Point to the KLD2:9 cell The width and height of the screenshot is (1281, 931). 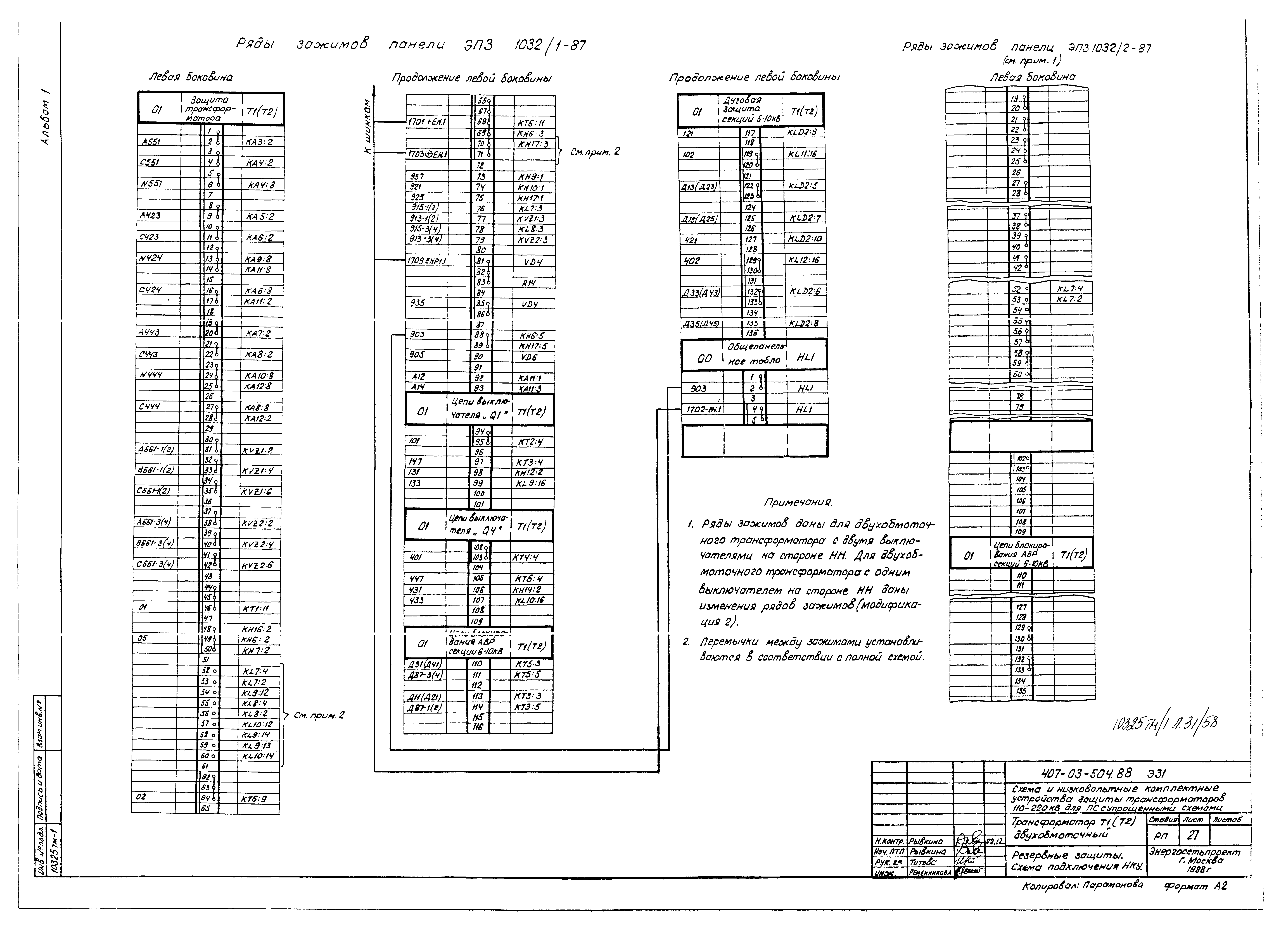point(802,132)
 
